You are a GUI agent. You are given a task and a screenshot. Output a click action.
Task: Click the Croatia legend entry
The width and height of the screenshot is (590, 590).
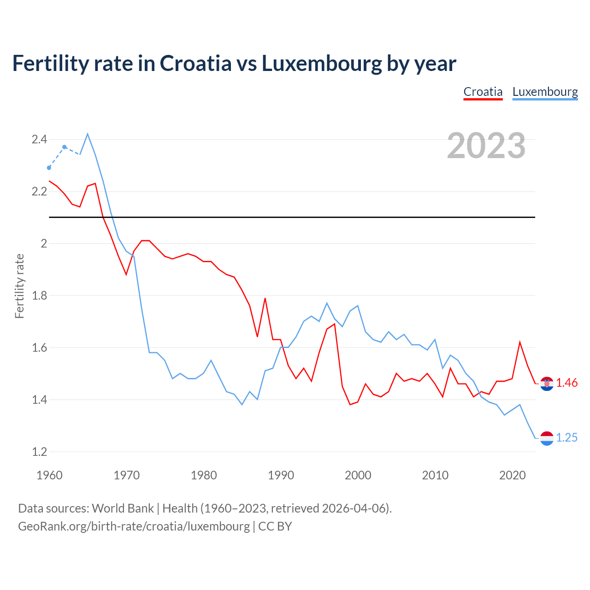pyautogui.click(x=483, y=92)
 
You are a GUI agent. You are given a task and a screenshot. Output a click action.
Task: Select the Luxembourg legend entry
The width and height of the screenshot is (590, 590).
pyautogui.click(x=545, y=92)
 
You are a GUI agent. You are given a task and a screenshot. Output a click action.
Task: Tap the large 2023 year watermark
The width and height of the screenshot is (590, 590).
pyautogui.click(x=486, y=146)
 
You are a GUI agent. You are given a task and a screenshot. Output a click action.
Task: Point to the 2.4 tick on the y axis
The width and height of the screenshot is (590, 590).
pyautogui.click(x=39, y=139)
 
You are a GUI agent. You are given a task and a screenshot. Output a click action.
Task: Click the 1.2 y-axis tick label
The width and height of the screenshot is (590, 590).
pyautogui.click(x=39, y=452)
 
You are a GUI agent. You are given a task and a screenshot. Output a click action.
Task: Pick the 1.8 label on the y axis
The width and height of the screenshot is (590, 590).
pyautogui.click(x=39, y=295)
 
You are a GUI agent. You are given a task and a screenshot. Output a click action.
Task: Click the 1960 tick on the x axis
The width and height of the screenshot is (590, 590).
pyautogui.click(x=49, y=475)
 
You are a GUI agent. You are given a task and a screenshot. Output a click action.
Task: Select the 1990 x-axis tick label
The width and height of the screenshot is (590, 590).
pyautogui.click(x=281, y=475)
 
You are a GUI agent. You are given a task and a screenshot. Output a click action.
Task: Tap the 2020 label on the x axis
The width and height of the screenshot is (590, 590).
pyautogui.click(x=512, y=475)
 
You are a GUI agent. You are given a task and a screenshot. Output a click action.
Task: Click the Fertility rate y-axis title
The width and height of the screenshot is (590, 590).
pyautogui.click(x=19, y=286)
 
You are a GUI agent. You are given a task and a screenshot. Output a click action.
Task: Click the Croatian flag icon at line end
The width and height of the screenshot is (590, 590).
pyautogui.click(x=547, y=383)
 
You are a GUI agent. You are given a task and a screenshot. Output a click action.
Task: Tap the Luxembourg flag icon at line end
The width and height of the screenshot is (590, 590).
pyautogui.click(x=547, y=438)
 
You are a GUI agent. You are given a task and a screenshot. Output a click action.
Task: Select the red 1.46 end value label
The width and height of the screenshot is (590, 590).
pyautogui.click(x=566, y=383)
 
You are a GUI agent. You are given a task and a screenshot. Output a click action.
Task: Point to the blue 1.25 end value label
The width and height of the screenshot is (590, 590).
pyautogui.click(x=566, y=438)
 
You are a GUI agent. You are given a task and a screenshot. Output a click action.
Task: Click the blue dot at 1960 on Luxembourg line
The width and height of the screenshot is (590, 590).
pyautogui.click(x=49, y=168)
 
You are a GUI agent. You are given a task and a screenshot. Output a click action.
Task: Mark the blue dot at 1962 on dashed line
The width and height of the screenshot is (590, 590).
pyautogui.click(x=65, y=147)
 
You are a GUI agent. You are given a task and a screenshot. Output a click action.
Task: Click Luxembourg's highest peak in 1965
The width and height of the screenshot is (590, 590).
pyautogui.click(x=88, y=134)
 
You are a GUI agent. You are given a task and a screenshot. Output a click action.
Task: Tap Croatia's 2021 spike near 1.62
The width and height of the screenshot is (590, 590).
pyautogui.click(x=520, y=342)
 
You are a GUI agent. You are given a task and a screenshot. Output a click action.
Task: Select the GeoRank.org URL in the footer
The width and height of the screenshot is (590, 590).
pyautogui.click(x=134, y=526)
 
